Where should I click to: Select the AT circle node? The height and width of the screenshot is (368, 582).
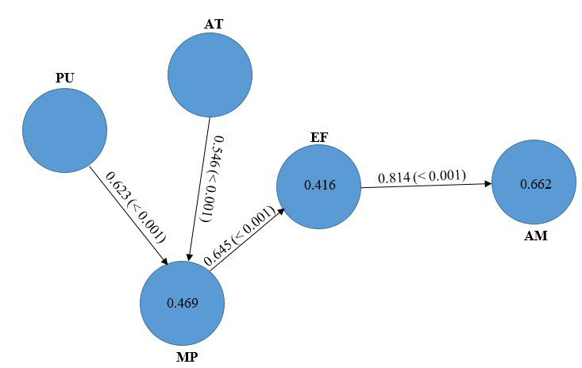coord(210,75)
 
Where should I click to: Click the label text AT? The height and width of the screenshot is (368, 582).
coord(214,24)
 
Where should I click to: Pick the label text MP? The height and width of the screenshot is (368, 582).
coord(187,356)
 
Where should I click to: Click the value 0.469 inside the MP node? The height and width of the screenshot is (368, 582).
coord(182,303)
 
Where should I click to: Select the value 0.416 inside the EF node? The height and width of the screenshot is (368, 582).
coord(320,186)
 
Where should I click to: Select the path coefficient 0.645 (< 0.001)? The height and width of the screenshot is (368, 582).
coord(240,236)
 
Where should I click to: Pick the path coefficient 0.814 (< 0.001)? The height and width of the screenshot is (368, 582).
coord(421,176)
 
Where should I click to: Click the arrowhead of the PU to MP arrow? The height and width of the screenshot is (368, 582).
coord(164,262)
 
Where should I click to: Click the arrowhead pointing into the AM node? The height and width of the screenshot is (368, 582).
coord(487,184)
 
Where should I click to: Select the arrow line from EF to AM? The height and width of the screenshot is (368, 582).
coord(425,186)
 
